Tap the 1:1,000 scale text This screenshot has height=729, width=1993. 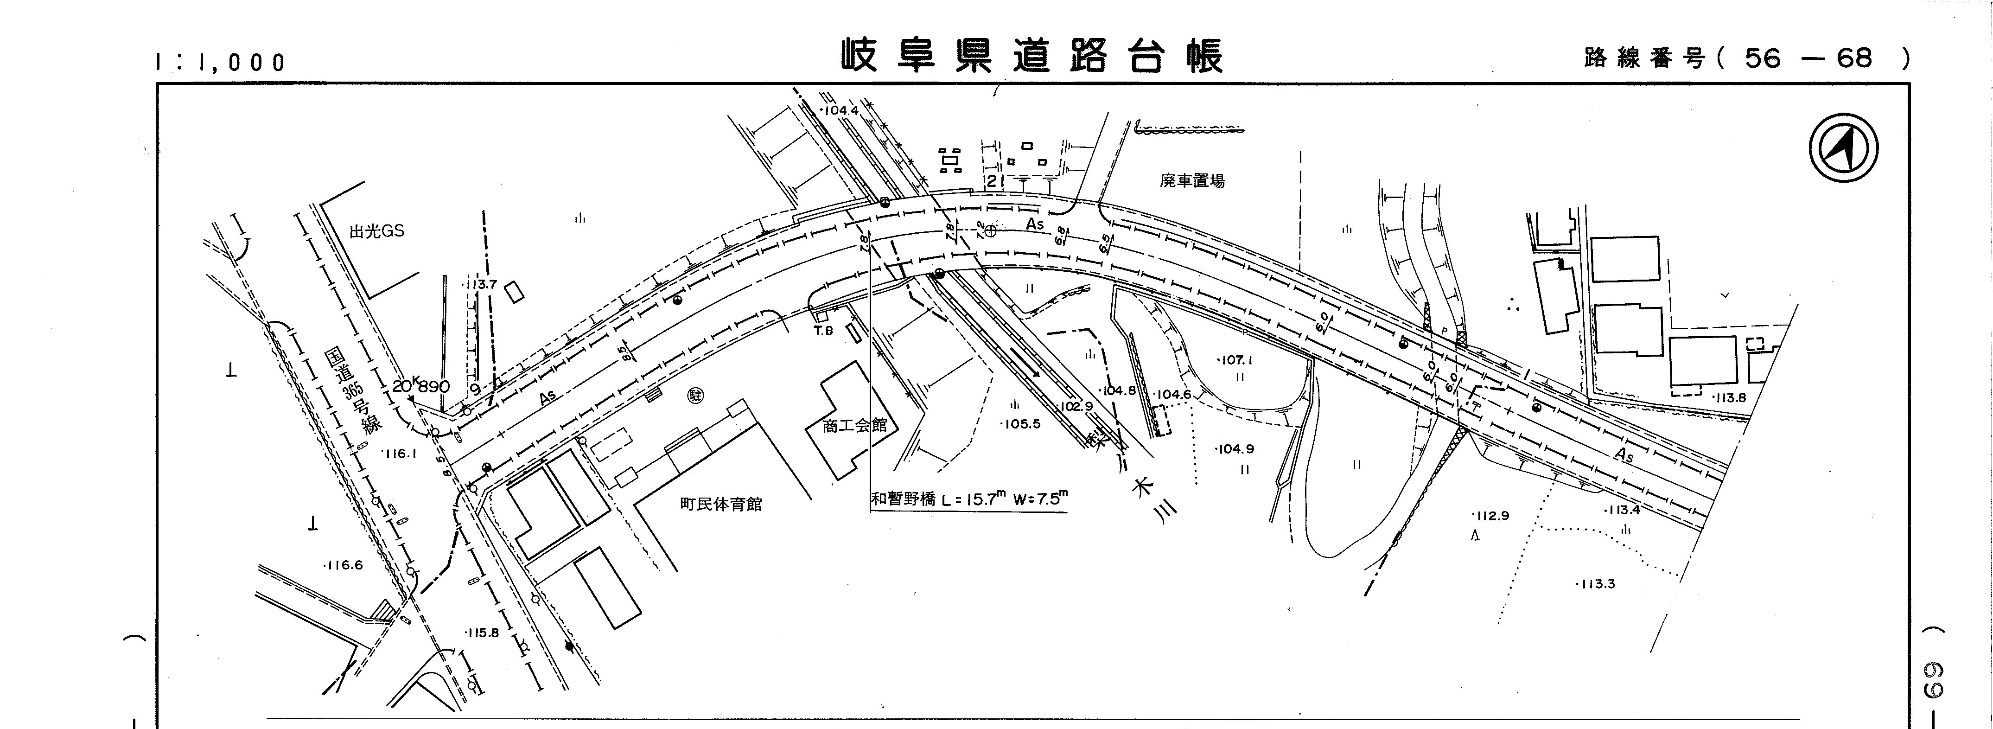pos(221,62)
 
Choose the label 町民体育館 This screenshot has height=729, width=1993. pos(721,505)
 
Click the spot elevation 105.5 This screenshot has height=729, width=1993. pos(1020,424)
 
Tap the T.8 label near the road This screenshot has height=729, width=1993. pos(822,331)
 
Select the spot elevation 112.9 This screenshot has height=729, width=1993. pos(1491,516)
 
